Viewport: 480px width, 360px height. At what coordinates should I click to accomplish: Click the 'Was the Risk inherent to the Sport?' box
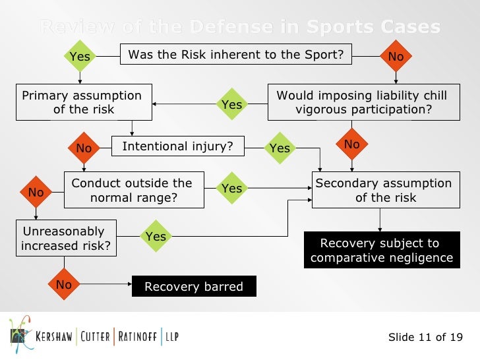pos(236,55)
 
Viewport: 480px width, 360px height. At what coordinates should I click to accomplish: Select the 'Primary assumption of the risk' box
pos(83,102)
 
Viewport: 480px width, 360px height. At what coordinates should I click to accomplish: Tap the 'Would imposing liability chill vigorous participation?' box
pos(363,102)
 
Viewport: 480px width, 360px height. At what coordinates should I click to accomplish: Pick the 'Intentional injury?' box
pos(178,146)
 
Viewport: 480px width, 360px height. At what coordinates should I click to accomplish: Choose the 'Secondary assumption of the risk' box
pos(384,190)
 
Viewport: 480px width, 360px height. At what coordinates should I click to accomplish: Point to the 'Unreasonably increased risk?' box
pos(65,239)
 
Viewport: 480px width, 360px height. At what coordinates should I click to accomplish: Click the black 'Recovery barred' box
pos(194,286)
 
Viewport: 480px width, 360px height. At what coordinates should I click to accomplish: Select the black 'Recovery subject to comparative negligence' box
pos(382,250)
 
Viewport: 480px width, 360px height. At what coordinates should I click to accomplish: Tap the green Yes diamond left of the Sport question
pos(80,57)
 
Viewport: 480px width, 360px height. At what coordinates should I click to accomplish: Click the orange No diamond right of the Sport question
pos(396,57)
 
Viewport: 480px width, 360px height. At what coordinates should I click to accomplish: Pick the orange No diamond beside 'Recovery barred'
pos(64,285)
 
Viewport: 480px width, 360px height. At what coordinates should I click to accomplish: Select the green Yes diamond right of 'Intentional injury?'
pos(280,148)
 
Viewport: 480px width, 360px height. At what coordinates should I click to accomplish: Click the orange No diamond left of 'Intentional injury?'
pos(84,148)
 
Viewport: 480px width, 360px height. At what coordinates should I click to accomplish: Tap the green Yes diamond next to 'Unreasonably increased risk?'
pos(156,236)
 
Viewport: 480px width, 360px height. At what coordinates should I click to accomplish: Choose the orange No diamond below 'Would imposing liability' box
pos(352,144)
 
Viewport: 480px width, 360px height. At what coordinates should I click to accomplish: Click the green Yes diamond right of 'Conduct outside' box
pos(232,189)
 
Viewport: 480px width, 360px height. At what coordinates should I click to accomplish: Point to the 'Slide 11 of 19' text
pos(425,338)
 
